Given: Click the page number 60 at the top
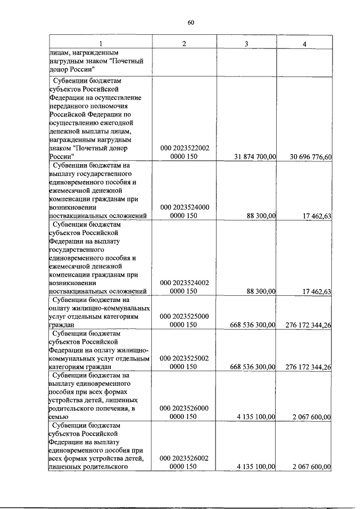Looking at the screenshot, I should click(x=191, y=22).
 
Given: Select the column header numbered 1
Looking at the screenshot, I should click(x=101, y=44).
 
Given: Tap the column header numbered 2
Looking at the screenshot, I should click(x=184, y=44).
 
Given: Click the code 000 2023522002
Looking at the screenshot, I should click(x=184, y=148).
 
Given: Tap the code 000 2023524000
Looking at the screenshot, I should click(x=184, y=207).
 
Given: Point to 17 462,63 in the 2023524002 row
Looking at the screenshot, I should click(x=316, y=291).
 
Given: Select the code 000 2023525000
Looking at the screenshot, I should click(x=184, y=316).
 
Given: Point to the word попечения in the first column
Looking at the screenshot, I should click(x=112, y=408).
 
